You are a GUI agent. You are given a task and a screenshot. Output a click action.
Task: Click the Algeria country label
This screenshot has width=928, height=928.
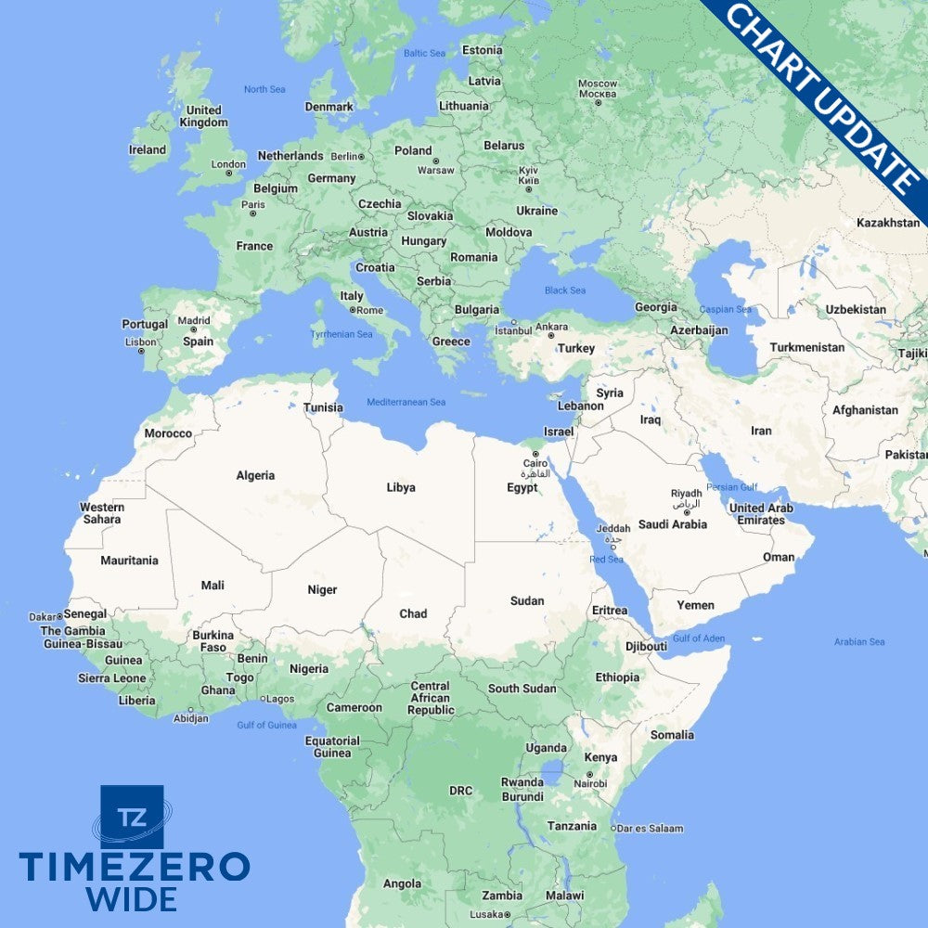(255, 476)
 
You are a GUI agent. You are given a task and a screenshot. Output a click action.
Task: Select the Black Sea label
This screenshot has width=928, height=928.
(564, 290)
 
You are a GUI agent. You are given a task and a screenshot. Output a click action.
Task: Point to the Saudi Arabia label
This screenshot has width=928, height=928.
(673, 524)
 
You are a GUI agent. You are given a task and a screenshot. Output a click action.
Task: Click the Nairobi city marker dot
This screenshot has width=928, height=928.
(589, 774)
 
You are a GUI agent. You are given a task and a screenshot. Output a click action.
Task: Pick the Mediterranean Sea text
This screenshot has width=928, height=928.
(406, 402)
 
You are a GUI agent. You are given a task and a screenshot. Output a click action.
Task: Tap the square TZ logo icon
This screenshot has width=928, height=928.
(132, 817)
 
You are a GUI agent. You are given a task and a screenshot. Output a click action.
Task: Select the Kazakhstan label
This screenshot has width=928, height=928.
(887, 223)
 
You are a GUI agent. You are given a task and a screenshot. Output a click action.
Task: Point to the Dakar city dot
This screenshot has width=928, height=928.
(59, 615)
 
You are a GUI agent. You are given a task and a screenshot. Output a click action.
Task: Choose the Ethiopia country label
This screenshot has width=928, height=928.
(617, 677)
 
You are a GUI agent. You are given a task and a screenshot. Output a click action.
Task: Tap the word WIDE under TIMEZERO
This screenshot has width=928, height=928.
(132, 898)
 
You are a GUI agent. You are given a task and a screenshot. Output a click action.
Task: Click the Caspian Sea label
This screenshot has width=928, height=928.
(725, 309)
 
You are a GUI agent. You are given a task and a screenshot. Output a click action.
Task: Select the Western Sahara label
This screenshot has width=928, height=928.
(101, 513)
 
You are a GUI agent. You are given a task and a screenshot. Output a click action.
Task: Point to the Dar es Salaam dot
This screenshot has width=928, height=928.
(613, 829)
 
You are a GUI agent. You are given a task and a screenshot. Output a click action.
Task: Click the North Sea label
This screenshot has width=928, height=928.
(264, 89)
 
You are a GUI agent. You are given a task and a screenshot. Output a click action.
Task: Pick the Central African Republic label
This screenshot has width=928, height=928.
(430, 698)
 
